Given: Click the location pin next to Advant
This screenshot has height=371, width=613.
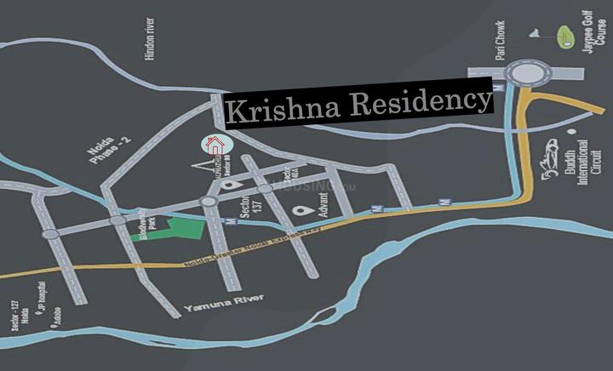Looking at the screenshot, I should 300,210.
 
